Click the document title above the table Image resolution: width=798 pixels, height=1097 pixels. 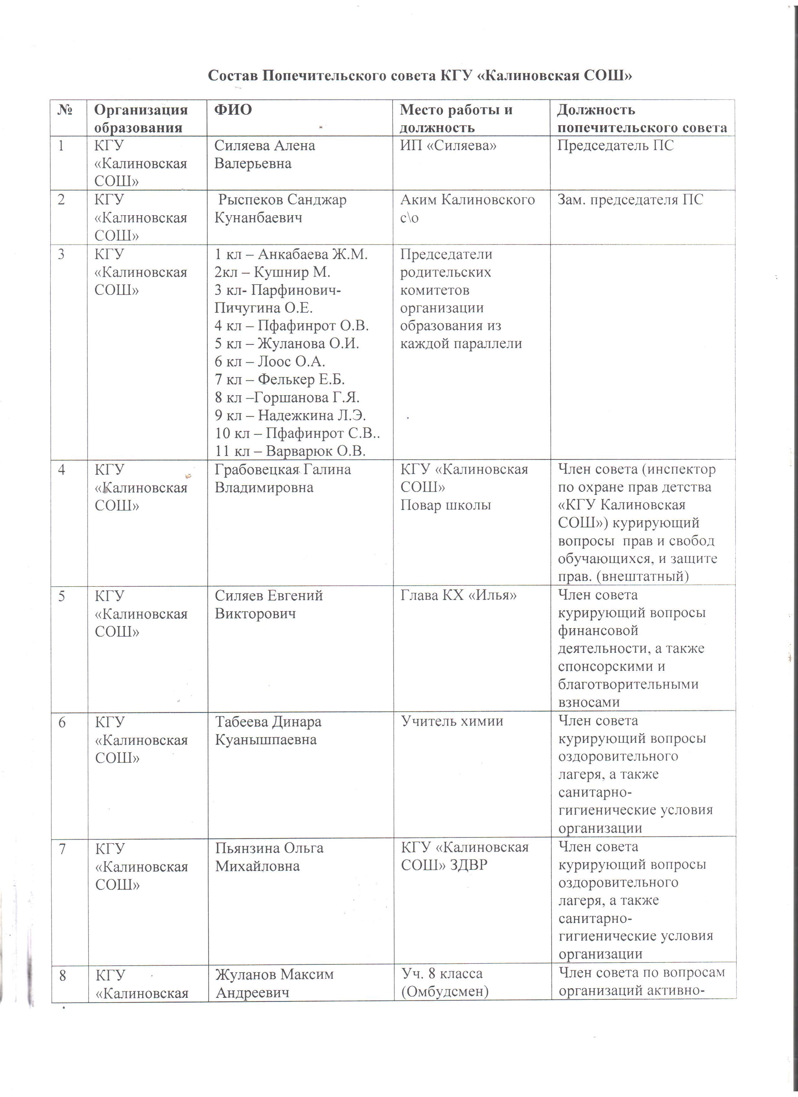(420, 76)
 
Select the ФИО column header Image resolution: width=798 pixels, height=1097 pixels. (233, 110)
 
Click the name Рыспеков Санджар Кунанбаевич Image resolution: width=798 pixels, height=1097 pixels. (281, 209)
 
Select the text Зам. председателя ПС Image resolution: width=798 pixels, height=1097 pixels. (630, 200)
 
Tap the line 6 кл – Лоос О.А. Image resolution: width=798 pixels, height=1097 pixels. (269, 361)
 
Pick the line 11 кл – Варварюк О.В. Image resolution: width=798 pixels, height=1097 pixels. (290, 451)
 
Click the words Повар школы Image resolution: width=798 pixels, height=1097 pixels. (445, 505)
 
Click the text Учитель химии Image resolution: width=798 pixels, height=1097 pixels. (452, 721)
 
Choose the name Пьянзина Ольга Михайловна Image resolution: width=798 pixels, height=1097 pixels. (269, 857)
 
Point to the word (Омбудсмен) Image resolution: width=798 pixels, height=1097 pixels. (445, 992)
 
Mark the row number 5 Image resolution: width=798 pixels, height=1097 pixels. (61, 595)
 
